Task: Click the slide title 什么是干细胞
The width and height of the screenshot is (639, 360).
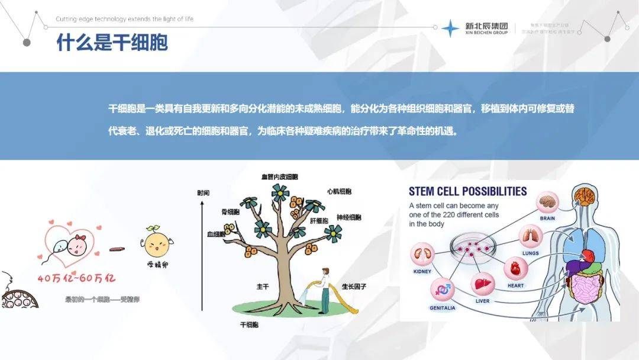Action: click(112, 42)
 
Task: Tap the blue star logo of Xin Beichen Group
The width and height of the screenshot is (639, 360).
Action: click(450, 28)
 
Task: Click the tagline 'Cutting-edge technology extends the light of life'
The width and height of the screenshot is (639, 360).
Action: click(124, 19)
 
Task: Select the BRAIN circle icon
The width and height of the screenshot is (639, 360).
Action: click(548, 202)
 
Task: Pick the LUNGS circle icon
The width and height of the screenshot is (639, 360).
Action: click(530, 236)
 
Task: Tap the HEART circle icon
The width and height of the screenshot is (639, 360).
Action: click(515, 268)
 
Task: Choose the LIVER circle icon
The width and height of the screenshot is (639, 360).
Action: click(482, 284)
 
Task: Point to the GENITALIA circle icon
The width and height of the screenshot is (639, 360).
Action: click(443, 290)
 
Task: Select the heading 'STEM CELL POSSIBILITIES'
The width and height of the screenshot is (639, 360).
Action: click(467, 191)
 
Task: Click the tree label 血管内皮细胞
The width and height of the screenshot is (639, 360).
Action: click(279, 176)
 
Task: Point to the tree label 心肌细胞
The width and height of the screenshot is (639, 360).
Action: click(339, 192)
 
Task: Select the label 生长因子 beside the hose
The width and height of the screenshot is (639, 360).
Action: click(354, 287)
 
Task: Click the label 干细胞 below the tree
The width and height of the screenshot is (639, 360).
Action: click(249, 324)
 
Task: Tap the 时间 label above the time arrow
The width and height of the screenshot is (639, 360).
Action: click(204, 193)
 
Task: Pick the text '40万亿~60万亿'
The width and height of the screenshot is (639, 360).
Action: click(76, 278)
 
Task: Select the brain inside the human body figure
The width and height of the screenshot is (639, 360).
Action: click(586, 194)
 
